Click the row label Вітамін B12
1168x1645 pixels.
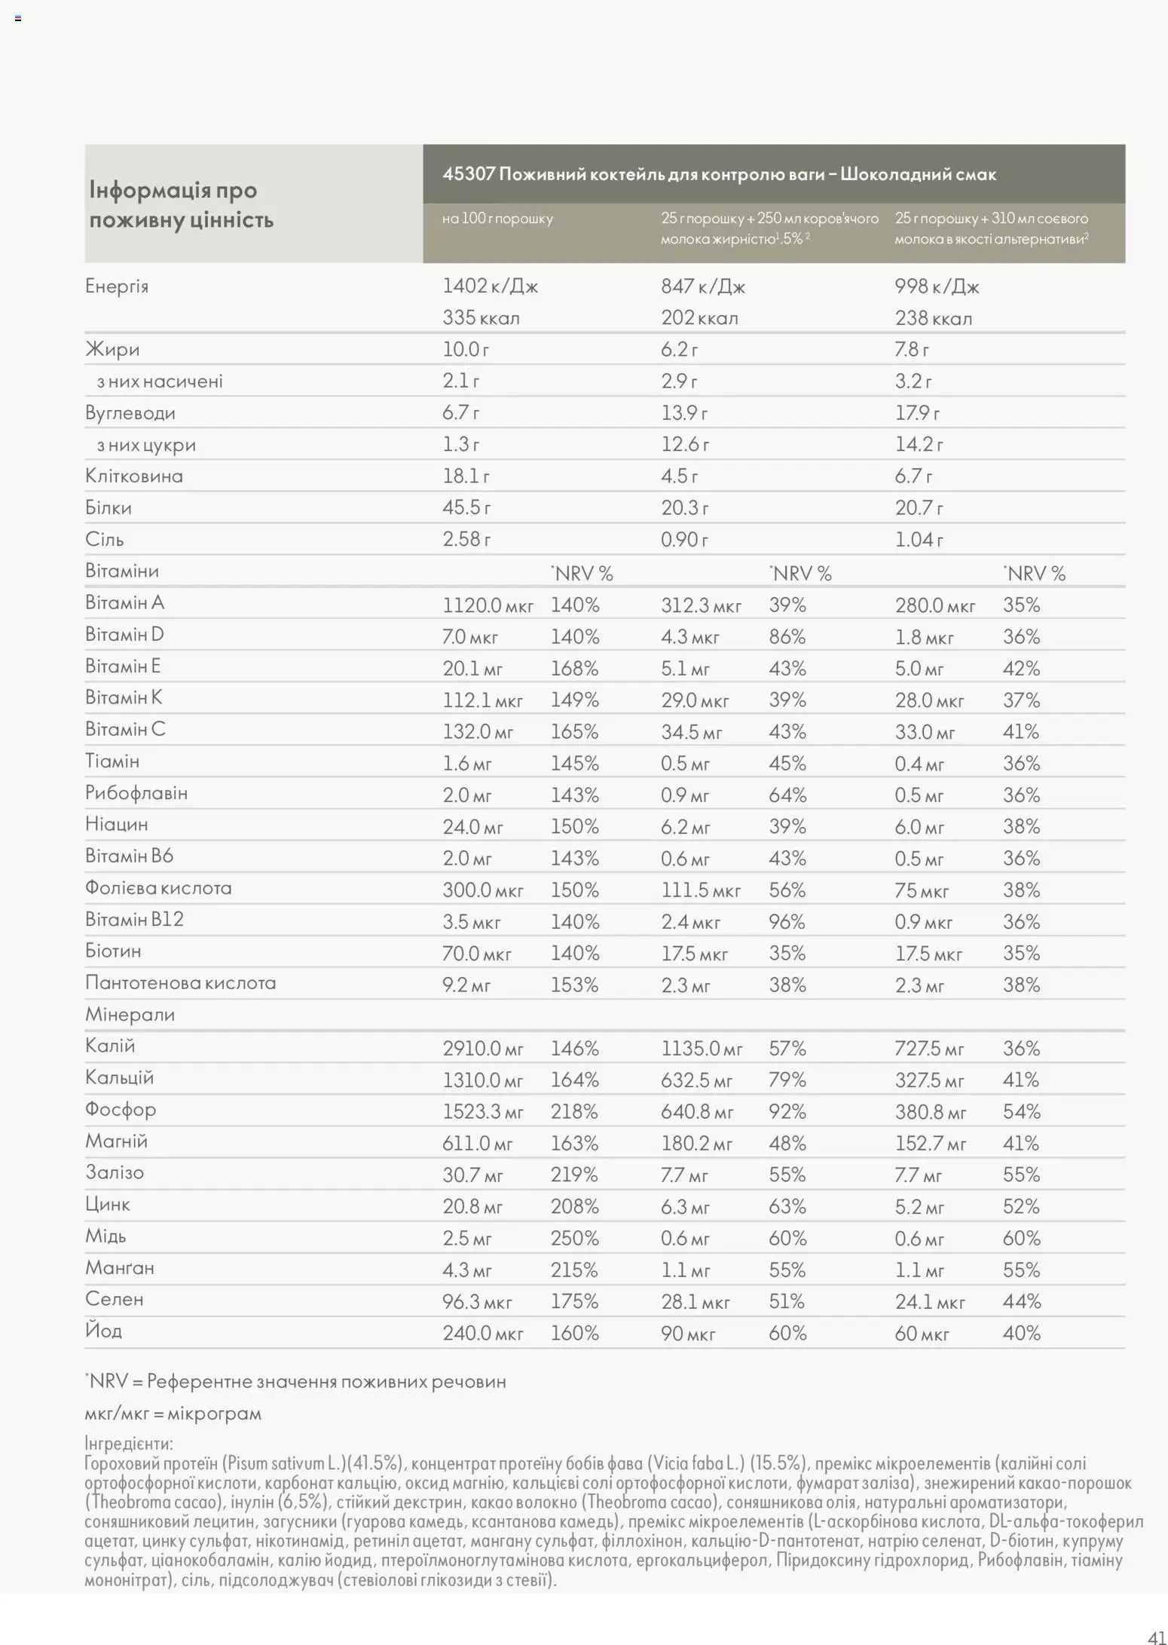tap(134, 919)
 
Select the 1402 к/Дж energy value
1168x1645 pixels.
tap(490, 286)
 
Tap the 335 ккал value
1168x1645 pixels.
tap(481, 317)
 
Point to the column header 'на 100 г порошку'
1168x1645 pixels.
tap(497, 219)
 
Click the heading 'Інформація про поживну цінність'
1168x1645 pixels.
tap(181, 204)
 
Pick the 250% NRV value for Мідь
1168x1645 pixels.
tap(574, 1238)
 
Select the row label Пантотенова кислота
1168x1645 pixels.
tap(180, 982)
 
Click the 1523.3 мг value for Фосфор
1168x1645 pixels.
tap(482, 1111)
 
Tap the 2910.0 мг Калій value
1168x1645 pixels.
tap(482, 1048)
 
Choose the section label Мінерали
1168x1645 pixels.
tap(130, 1014)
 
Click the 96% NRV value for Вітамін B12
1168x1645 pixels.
tap(787, 921)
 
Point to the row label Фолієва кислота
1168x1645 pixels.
tap(158, 887)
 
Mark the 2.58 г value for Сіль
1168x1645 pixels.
tap(466, 539)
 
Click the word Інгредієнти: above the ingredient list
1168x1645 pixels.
tap(129, 1443)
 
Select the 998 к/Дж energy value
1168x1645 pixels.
tap(937, 286)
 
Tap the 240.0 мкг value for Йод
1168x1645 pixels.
tap(482, 1333)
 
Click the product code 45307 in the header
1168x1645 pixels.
tap(468, 174)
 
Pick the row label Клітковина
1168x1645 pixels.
tap(134, 476)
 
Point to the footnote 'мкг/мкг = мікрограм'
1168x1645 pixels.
tap(173, 1413)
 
